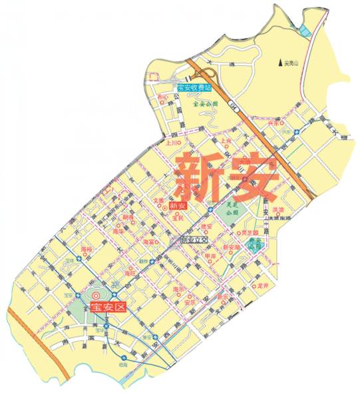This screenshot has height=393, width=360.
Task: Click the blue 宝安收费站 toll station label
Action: click(194, 87)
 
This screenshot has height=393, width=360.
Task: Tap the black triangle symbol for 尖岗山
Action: click(280, 63)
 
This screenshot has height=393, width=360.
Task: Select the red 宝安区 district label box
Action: click(108, 306)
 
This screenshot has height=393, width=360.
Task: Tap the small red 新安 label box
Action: click(178, 207)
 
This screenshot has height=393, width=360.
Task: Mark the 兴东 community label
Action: click(271, 124)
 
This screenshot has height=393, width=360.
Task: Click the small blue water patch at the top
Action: click(304, 30)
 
